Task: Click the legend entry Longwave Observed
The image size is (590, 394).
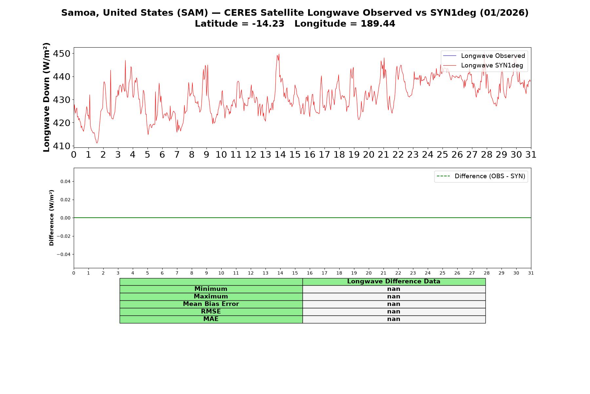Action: (484, 56)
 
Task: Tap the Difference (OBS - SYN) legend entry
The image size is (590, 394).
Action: (481, 176)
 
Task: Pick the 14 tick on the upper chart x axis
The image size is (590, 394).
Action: (280, 155)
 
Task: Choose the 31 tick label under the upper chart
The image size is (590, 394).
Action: (531, 155)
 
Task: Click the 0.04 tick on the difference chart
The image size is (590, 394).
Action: (66, 182)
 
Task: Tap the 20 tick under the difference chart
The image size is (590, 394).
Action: (369, 273)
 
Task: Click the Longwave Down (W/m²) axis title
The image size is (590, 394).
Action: (47, 97)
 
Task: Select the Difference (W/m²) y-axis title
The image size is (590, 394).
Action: (51, 218)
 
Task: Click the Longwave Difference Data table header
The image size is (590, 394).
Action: (394, 281)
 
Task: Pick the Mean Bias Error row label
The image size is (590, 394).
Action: (211, 304)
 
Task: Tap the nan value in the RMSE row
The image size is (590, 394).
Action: (394, 312)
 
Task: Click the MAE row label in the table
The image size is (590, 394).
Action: (211, 319)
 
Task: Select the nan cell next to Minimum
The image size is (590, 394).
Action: (394, 289)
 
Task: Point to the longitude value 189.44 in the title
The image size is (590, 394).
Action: (378, 24)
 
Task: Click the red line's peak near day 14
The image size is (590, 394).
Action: (279, 54)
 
